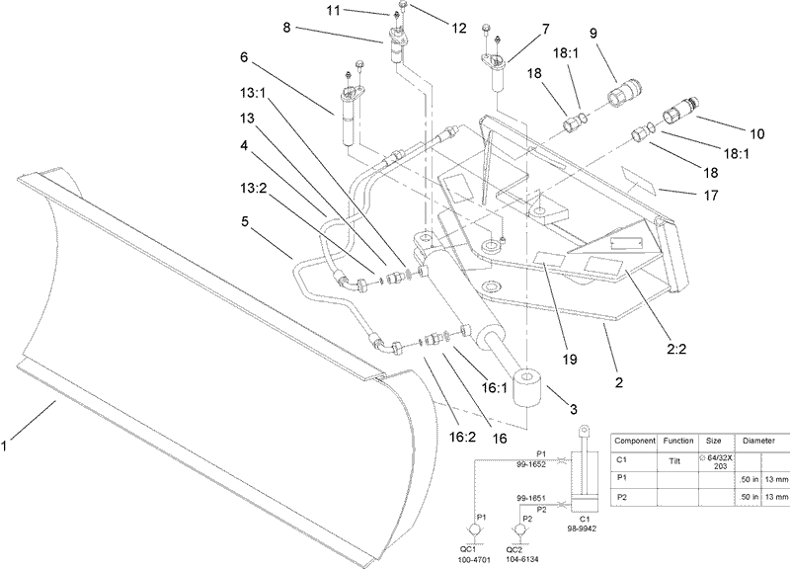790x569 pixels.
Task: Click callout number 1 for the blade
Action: click(x=4, y=447)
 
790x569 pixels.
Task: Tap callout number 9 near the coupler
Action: click(x=593, y=33)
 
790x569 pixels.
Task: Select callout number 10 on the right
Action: click(x=756, y=133)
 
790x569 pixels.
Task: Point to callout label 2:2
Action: click(x=676, y=349)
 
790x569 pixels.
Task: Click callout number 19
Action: click(x=570, y=360)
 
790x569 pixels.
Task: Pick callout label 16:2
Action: click(x=462, y=437)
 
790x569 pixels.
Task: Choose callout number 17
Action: click(x=710, y=195)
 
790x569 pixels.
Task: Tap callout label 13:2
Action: click(x=254, y=188)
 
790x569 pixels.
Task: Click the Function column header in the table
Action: click(x=677, y=441)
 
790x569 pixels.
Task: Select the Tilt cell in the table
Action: click(x=674, y=461)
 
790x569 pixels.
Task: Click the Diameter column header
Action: click(x=758, y=441)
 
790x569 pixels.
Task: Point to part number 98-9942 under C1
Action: click(x=582, y=528)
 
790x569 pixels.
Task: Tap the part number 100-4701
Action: click(x=475, y=559)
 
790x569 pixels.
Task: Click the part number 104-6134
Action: click(x=522, y=559)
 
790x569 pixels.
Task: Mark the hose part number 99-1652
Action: click(x=531, y=464)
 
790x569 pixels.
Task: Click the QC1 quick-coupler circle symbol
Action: click(x=475, y=530)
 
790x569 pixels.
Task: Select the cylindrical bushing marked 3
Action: click(x=527, y=386)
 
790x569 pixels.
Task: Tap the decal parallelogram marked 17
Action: click(x=638, y=181)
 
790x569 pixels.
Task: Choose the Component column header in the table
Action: click(x=635, y=441)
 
